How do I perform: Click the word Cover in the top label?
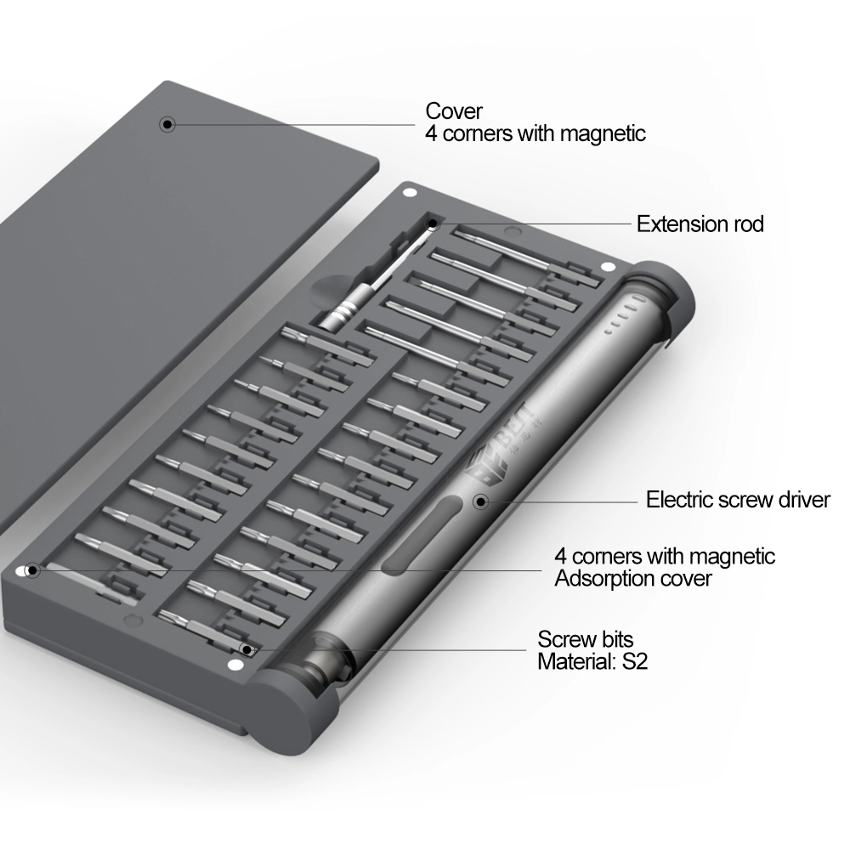point(454,111)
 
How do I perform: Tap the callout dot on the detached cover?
point(167,124)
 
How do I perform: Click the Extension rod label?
point(700,224)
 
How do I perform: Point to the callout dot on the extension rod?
point(433,224)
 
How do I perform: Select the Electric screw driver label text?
point(738,499)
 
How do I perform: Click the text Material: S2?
point(592,661)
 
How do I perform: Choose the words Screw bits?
point(586,639)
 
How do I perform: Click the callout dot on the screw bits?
point(246,649)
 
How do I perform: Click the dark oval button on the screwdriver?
point(422,535)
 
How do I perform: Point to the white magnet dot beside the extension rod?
point(411,192)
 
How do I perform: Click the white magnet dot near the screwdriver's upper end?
point(609,267)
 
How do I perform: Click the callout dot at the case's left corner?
point(32,570)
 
